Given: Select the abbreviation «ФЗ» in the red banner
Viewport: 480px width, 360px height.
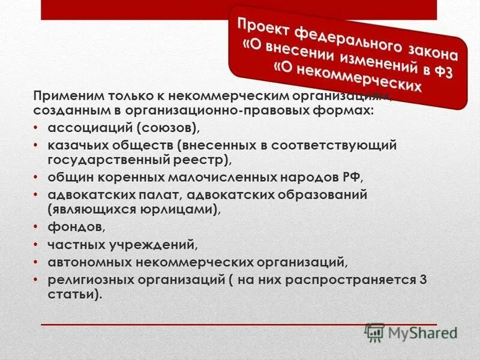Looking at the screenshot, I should [441, 74].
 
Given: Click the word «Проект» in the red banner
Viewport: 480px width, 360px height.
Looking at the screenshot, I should [260, 25].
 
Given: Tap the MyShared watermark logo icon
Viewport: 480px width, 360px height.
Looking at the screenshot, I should [374, 332].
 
